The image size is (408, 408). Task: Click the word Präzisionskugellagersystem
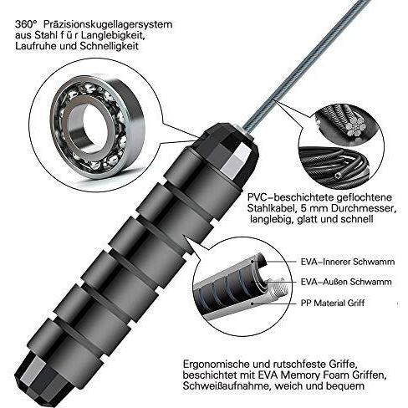point(108,25)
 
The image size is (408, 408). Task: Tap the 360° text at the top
point(26,24)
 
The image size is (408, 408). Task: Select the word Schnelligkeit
point(109,46)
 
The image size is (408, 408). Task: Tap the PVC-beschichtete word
point(290,197)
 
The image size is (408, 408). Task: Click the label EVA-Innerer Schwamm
point(348,262)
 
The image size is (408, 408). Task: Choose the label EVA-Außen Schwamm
point(346,282)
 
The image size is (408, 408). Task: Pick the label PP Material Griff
point(333,303)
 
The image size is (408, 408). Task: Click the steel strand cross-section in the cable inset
point(354,128)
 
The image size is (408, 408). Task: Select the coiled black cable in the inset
point(332,164)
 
